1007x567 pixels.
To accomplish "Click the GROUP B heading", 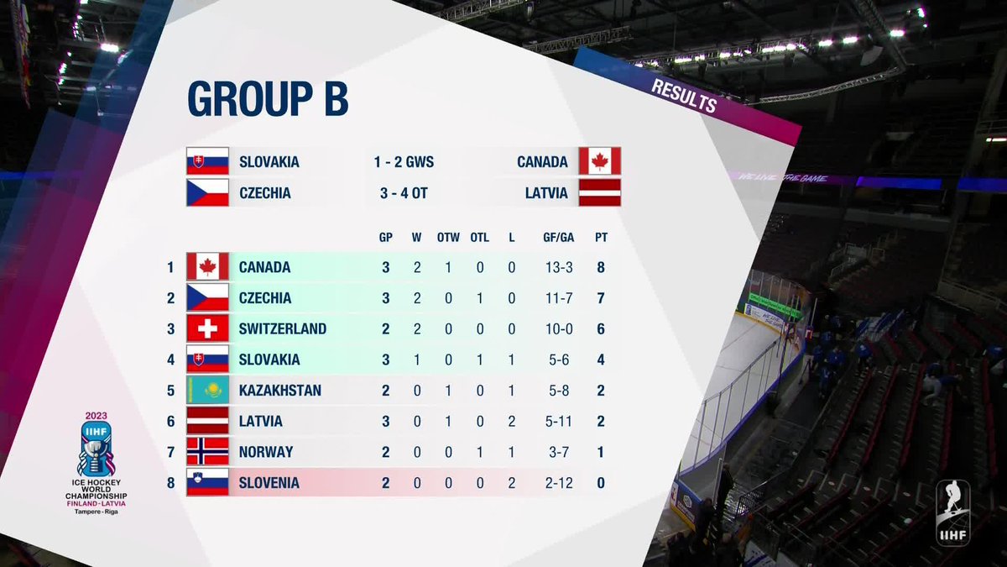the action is pyautogui.click(x=268, y=98).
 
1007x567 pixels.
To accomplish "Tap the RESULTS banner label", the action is pyautogui.click(x=684, y=97).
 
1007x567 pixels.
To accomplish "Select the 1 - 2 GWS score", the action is pyautogui.click(x=404, y=162).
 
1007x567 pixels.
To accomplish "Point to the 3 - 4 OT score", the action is pyautogui.click(x=404, y=193).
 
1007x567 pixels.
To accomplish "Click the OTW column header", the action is pyautogui.click(x=448, y=237).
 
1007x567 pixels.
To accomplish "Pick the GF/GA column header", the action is pyautogui.click(x=558, y=237).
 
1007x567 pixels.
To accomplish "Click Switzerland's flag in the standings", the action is pyautogui.click(x=208, y=328).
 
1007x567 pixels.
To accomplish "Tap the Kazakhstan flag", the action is pyautogui.click(x=208, y=390).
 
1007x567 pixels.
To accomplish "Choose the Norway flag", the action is pyautogui.click(x=208, y=451).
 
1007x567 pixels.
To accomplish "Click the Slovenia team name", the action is pyautogui.click(x=269, y=483).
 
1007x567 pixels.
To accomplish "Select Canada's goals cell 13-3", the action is pyautogui.click(x=559, y=268).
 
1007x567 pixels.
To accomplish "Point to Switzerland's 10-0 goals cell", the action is pyautogui.click(x=559, y=329).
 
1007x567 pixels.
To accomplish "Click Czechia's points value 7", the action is pyautogui.click(x=601, y=298).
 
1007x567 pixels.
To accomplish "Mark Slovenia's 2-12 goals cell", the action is pyautogui.click(x=559, y=483).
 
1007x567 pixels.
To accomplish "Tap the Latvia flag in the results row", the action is pyautogui.click(x=600, y=192).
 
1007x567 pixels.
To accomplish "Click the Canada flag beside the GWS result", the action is pyautogui.click(x=600, y=161).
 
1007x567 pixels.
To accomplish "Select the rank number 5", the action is pyautogui.click(x=171, y=390).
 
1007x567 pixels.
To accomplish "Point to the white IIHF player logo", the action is pyautogui.click(x=952, y=512).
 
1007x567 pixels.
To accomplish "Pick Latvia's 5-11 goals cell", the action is pyautogui.click(x=559, y=421).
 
